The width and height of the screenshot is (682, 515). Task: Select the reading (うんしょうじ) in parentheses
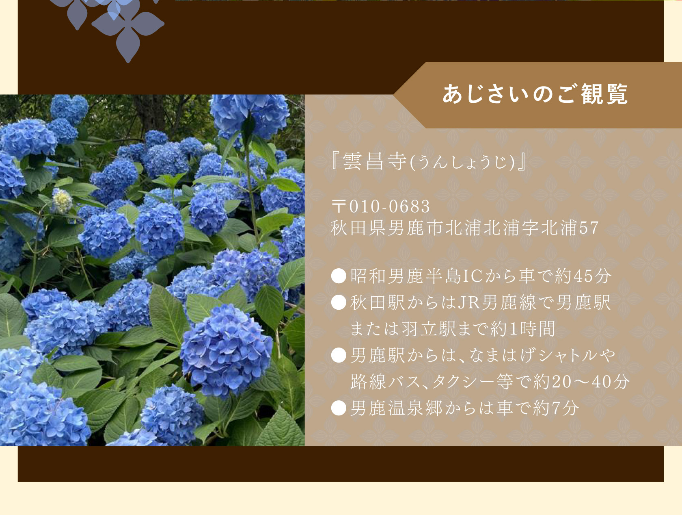[x=462, y=163]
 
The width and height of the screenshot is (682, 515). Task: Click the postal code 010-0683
[x=390, y=206]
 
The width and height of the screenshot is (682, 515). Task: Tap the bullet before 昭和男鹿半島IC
[x=339, y=276]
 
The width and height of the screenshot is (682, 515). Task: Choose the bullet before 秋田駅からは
[x=339, y=302]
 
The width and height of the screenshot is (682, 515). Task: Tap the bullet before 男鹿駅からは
[x=339, y=355]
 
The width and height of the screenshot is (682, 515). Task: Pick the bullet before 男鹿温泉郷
[x=339, y=408]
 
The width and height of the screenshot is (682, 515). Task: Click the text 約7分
[x=556, y=408]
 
